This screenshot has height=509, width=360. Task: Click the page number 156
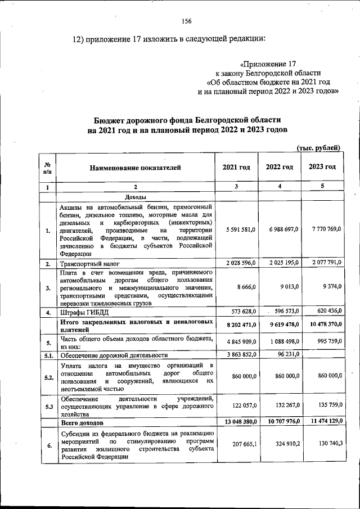[187, 21]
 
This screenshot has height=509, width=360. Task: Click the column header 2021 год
[236, 167]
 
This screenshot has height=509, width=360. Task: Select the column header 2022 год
[280, 167]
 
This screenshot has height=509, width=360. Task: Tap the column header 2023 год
[322, 167]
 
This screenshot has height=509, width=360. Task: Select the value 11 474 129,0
[321, 421]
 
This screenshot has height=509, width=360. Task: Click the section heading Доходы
[136, 197]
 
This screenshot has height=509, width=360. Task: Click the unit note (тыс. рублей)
[318, 148]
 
